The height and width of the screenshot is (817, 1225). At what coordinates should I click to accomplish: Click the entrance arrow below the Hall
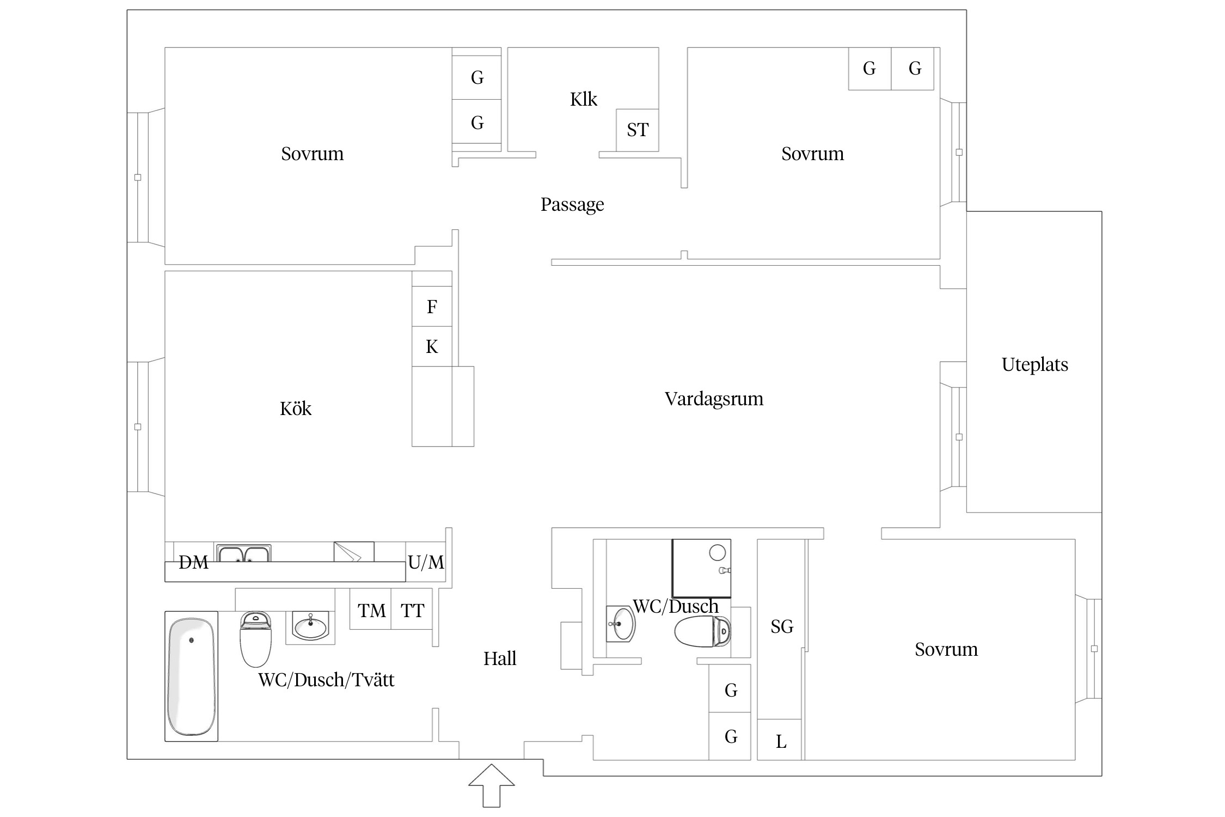tap(492, 785)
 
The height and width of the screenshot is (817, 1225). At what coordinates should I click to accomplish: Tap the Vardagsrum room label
tap(714, 399)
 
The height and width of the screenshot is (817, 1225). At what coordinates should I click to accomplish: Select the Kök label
tap(296, 408)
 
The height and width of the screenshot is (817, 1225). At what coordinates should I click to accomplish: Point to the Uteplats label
tap(1034, 364)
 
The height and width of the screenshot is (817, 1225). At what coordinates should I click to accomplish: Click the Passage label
tap(572, 205)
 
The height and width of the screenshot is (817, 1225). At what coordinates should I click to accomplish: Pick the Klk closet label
tap(584, 99)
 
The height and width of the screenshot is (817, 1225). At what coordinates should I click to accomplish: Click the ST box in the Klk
tap(638, 130)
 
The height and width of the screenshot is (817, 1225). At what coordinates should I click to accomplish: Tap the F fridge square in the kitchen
tap(432, 307)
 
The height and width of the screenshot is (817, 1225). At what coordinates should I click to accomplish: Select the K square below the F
tap(432, 346)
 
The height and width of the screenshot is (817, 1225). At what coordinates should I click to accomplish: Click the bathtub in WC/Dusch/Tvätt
tap(191, 676)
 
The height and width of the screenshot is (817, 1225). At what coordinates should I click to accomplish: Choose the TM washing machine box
tap(371, 609)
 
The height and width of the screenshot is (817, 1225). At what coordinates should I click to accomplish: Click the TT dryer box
tap(412, 609)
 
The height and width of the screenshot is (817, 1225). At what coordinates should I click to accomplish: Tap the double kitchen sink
tap(243, 553)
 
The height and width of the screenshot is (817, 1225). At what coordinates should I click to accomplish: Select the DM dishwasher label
tap(193, 562)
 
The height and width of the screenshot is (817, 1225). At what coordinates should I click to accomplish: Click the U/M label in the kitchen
tap(426, 562)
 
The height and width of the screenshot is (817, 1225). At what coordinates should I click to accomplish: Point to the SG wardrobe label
tap(782, 627)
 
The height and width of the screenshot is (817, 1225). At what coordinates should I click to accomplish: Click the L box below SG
tap(780, 740)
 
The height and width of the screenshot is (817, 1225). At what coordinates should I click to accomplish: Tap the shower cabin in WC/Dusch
tap(701, 569)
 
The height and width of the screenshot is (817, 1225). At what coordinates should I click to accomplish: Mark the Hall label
tap(500, 659)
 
